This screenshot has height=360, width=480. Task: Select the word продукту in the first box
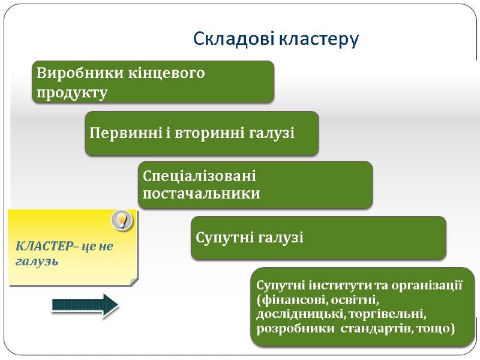tap(72, 93)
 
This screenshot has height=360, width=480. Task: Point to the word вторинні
tap(206, 133)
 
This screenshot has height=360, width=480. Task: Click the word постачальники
tap(202, 194)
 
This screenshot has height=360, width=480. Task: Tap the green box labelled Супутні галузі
tap(318, 238)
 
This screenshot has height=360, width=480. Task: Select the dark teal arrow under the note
tap(85, 305)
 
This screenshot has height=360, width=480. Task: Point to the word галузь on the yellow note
tap(36, 262)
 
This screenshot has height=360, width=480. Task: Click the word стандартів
tap(374, 329)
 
